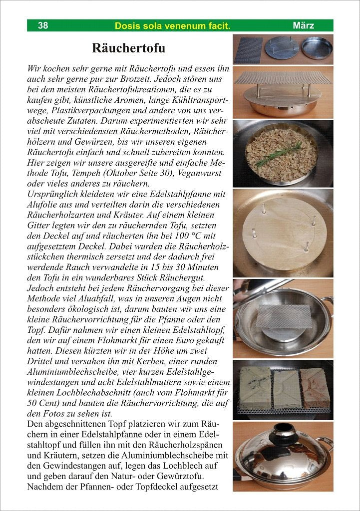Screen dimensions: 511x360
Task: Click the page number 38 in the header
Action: pos(43,25)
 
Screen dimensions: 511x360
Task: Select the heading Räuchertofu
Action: pos(128,48)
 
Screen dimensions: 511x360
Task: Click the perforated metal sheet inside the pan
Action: pos(284,315)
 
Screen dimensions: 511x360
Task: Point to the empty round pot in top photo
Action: pos(317,49)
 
